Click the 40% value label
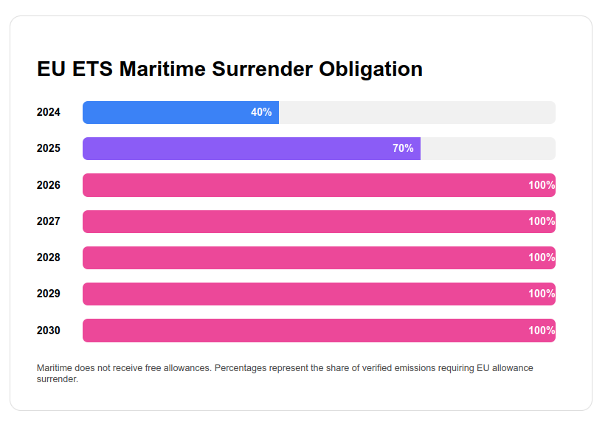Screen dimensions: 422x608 pyautogui.click(x=261, y=112)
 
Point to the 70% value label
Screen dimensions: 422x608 pyautogui.click(x=403, y=148)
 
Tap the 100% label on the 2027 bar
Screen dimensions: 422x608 pyautogui.click(x=542, y=221)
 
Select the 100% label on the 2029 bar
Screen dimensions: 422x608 pyautogui.click(x=542, y=294)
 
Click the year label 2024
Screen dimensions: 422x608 pyautogui.click(x=49, y=112)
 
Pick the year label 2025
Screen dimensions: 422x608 pyautogui.click(x=49, y=148)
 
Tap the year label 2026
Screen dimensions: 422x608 pyautogui.click(x=49, y=185)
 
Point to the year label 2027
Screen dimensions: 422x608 pyautogui.click(x=49, y=221)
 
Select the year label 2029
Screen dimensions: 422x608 pyautogui.click(x=49, y=294)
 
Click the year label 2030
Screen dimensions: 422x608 pyautogui.click(x=49, y=331)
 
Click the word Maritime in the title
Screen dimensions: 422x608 pyautogui.click(x=163, y=69)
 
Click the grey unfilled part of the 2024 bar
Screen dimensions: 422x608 pyautogui.click(x=417, y=112)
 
